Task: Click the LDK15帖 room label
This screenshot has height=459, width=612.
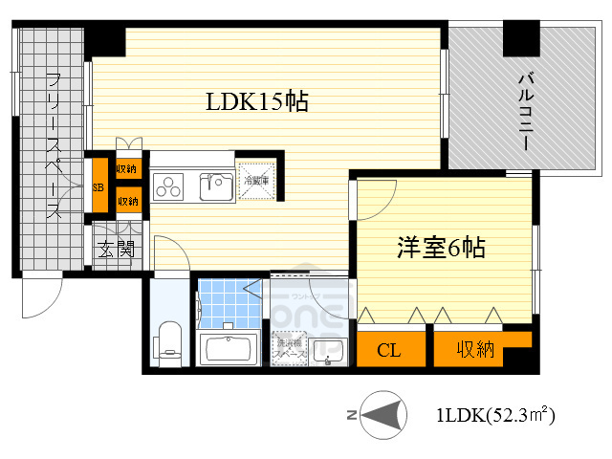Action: point(257,102)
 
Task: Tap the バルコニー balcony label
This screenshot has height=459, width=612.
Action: point(525,110)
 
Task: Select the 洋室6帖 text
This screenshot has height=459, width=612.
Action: point(442,249)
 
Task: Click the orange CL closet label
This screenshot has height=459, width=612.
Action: point(388,349)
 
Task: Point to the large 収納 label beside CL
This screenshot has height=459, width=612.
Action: point(474,349)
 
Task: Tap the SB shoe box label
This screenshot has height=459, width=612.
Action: point(98,187)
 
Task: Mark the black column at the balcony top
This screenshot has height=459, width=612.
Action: point(522,39)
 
